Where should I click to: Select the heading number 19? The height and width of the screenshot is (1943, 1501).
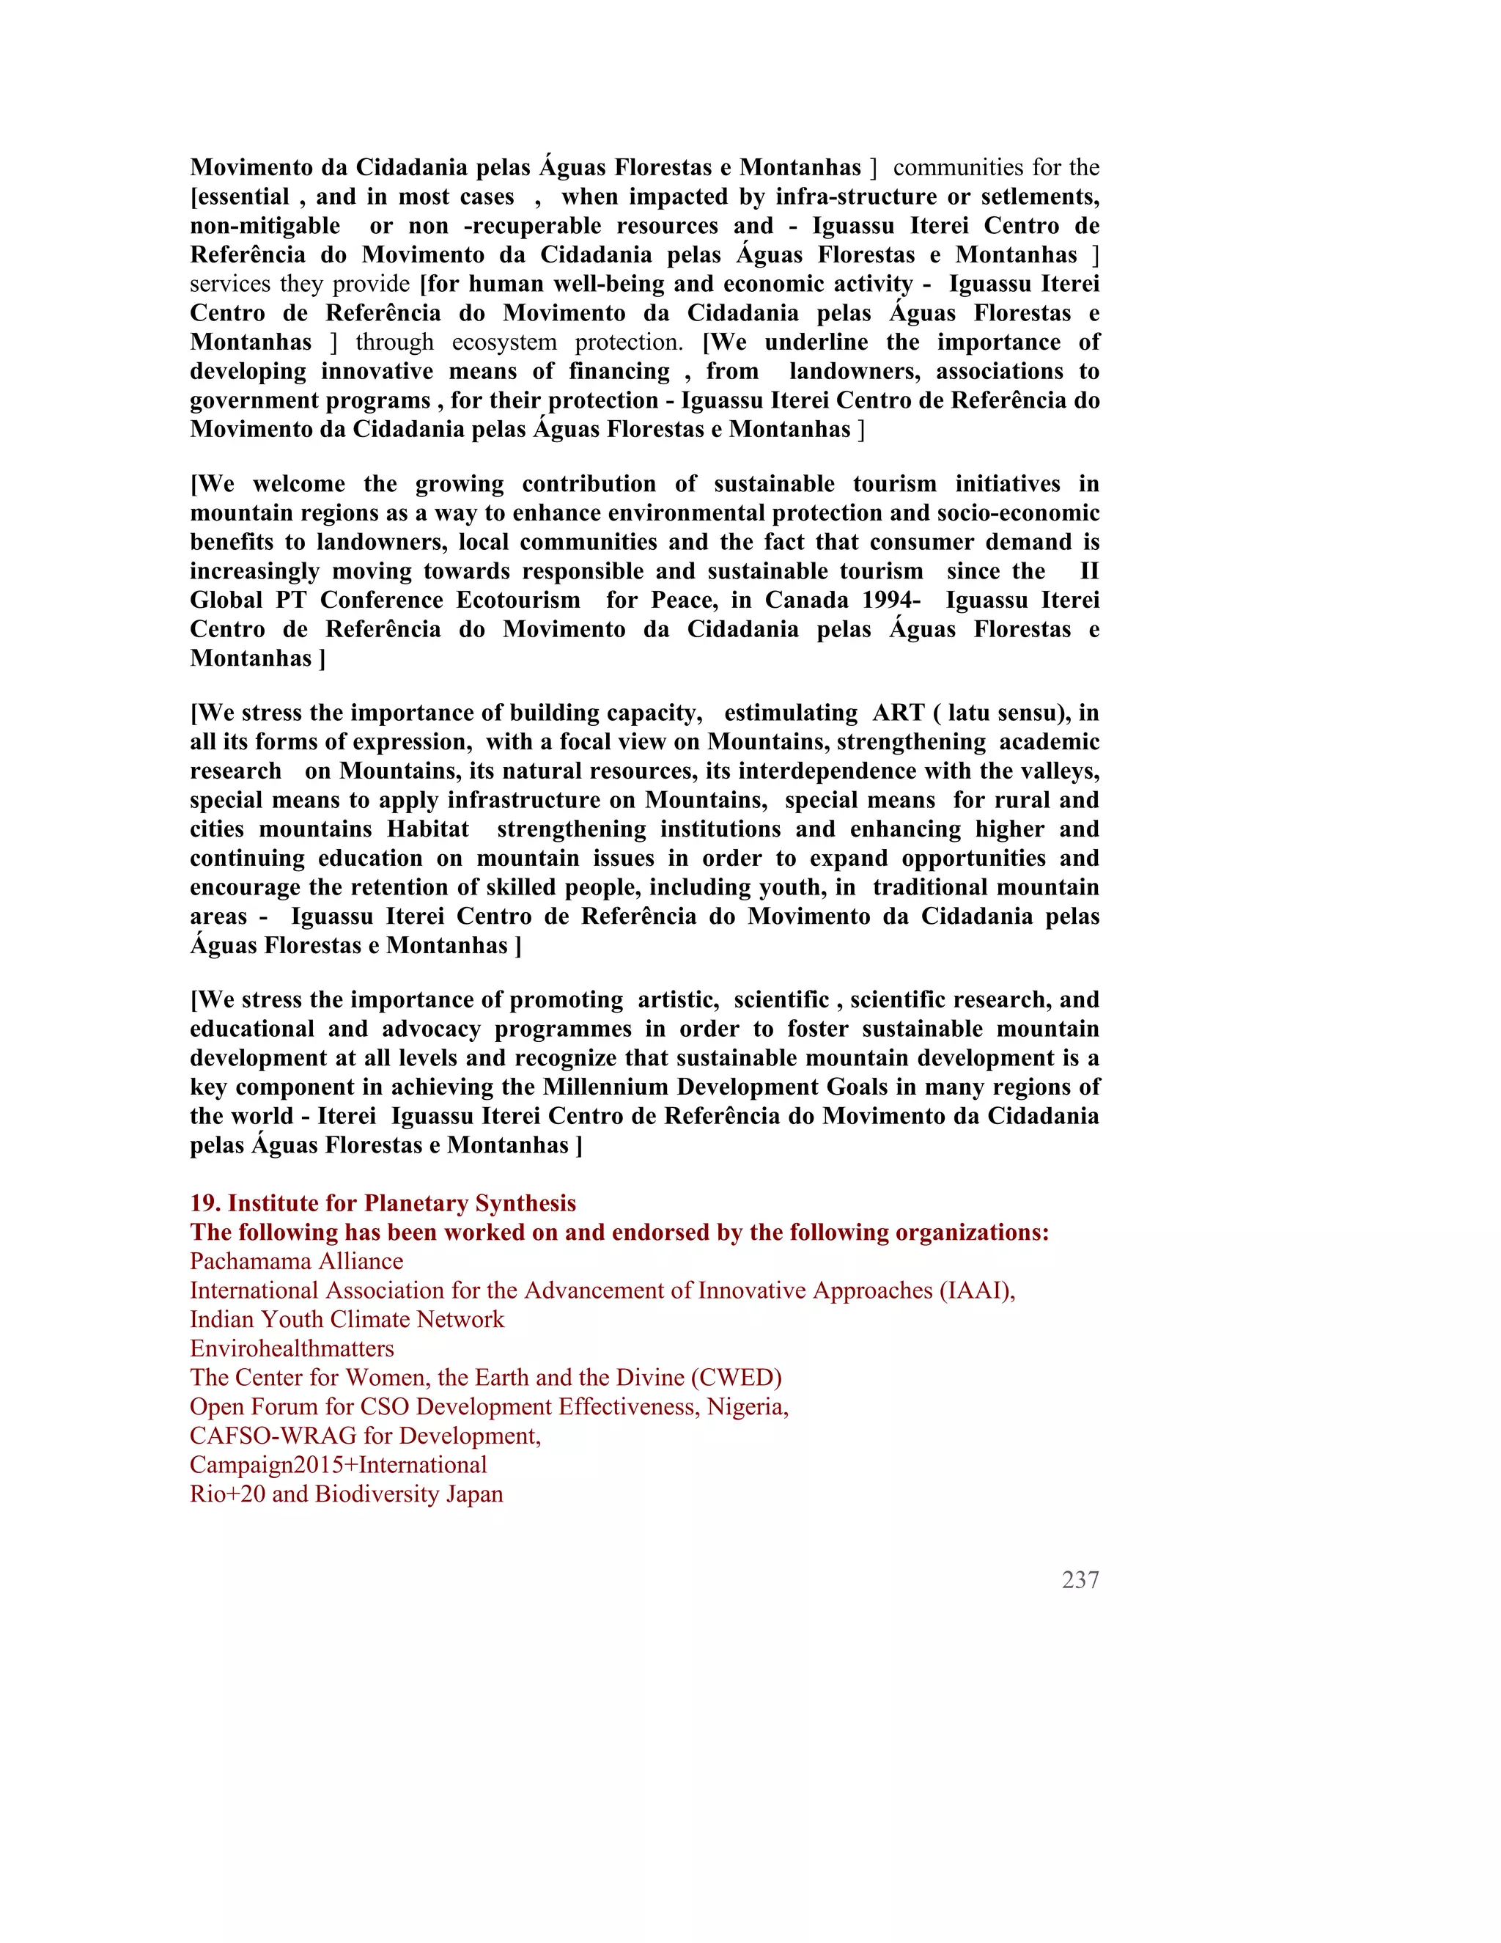[205, 1204]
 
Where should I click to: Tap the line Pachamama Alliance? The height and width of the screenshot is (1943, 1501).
[296, 1262]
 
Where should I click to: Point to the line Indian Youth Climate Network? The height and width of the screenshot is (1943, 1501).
[347, 1319]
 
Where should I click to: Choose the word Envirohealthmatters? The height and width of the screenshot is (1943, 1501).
[292, 1348]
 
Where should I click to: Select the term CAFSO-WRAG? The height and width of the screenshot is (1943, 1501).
[273, 1436]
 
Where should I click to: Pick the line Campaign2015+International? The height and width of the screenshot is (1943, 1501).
[338, 1465]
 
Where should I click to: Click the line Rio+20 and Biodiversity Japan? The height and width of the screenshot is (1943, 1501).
[346, 1494]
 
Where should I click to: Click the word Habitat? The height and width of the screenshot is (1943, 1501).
[428, 829]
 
